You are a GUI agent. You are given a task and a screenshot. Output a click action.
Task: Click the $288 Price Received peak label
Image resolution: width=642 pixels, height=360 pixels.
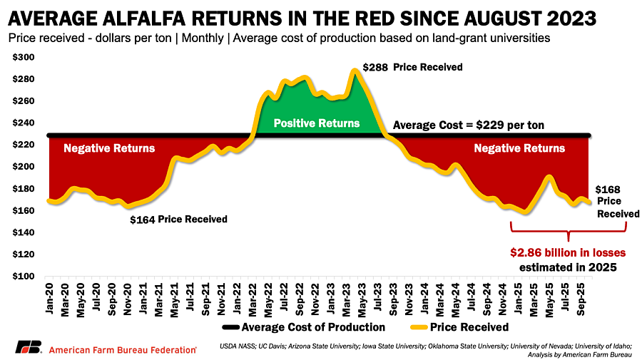click(x=412, y=68)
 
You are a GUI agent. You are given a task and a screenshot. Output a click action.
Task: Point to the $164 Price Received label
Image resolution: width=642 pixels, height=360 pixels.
click(x=178, y=220)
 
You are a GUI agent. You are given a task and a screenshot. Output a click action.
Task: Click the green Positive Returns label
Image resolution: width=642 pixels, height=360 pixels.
click(x=317, y=123)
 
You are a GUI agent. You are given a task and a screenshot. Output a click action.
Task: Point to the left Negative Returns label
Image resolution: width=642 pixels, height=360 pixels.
click(x=109, y=148)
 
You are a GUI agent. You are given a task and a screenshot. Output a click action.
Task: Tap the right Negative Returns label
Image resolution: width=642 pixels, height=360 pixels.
click(x=519, y=148)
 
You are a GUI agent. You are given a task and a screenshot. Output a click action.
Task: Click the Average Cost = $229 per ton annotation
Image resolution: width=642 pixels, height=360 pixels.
click(x=469, y=125)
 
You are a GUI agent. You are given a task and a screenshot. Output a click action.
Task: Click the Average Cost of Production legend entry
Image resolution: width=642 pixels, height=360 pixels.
click(x=302, y=327)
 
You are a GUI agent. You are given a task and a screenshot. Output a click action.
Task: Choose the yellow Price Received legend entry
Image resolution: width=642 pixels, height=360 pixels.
click(x=460, y=327)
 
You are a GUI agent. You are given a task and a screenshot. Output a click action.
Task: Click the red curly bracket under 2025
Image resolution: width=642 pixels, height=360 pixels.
click(x=568, y=230)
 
